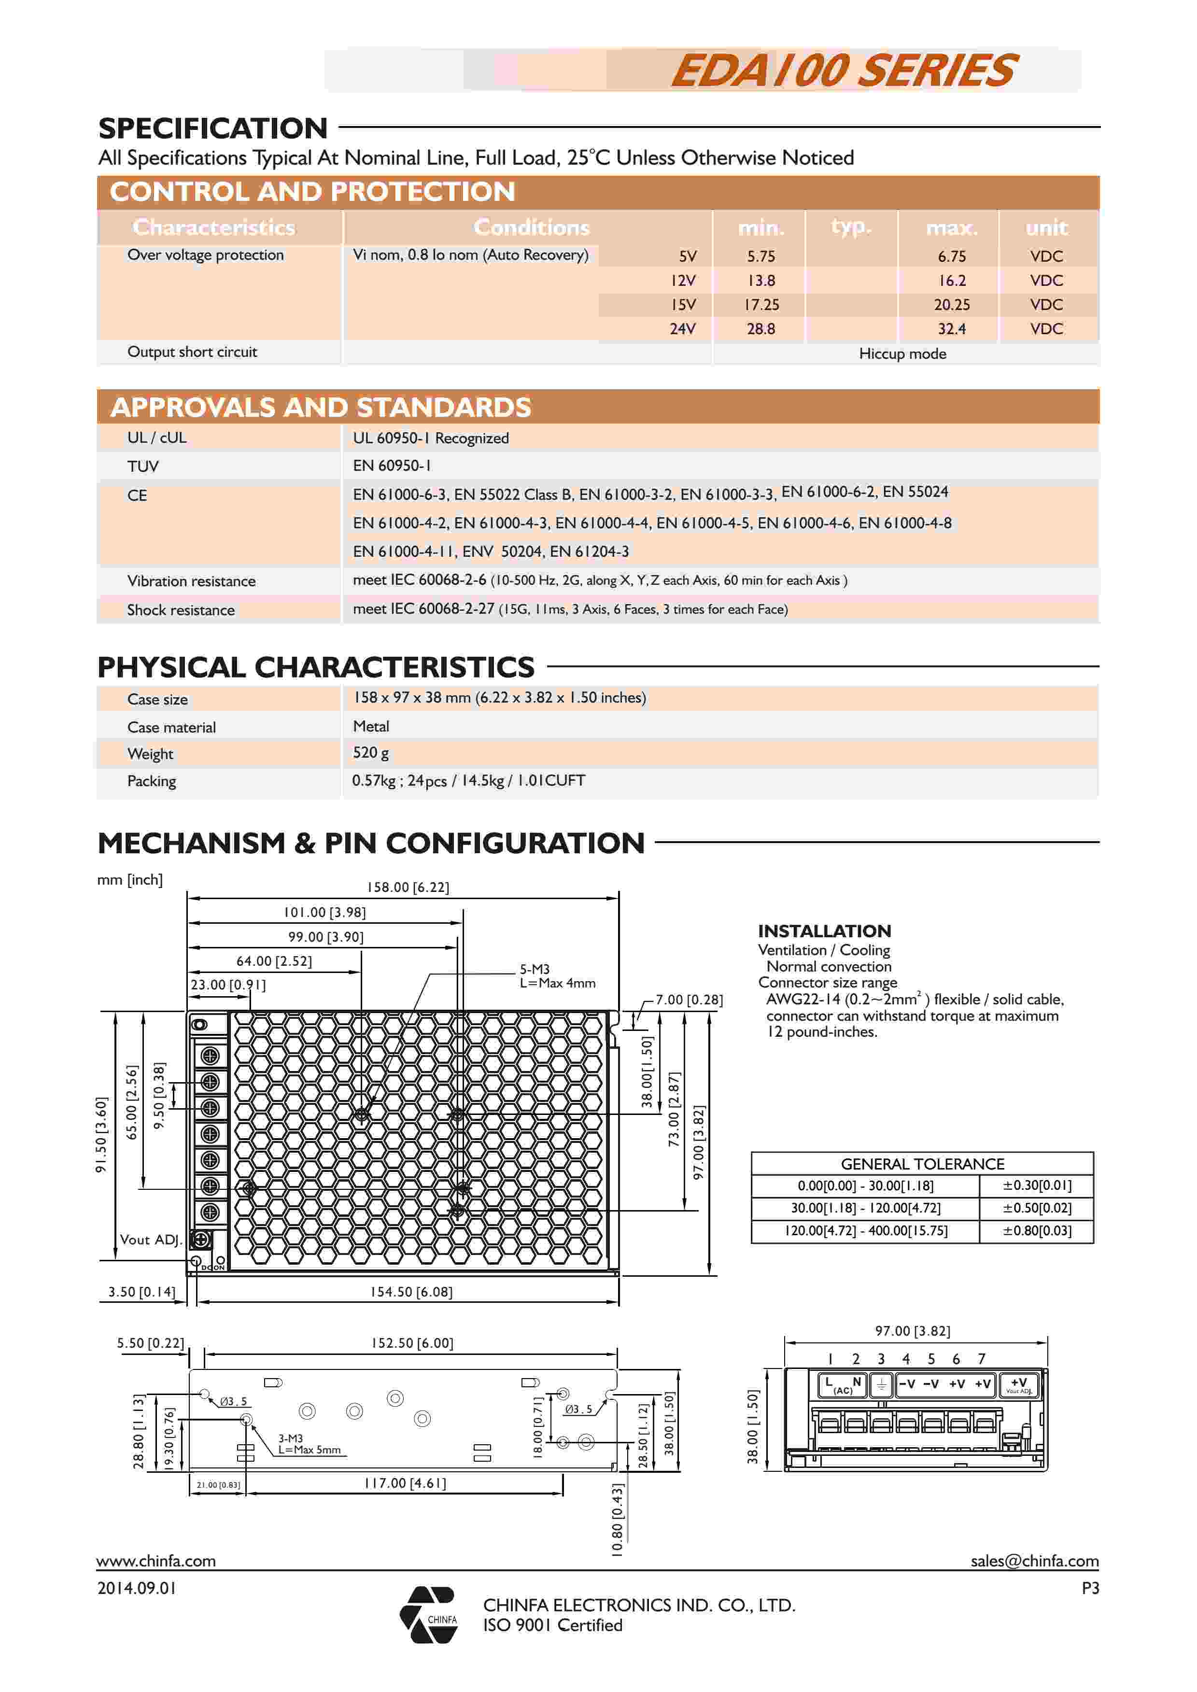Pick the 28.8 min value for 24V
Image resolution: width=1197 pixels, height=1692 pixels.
[760, 329]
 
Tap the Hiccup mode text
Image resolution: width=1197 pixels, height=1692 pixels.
[902, 354]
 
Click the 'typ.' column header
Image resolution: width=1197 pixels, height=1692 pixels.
[851, 227]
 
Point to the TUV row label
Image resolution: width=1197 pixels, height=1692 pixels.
[143, 466]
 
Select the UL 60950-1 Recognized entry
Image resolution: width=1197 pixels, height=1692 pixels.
[430, 438]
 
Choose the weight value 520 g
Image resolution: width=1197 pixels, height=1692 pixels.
[371, 752]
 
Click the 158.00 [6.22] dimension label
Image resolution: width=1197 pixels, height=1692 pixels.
[408, 887]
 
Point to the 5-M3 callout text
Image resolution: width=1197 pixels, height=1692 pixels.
[535, 969]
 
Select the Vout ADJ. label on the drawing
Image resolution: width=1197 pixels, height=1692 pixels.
[150, 1240]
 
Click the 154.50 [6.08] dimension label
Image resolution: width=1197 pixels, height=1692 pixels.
[410, 1292]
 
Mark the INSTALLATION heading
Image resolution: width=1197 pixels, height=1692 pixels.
[824, 931]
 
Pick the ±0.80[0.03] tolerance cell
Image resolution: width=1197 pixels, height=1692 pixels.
[1036, 1231]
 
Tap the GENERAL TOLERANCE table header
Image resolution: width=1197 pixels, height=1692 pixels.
[922, 1164]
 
